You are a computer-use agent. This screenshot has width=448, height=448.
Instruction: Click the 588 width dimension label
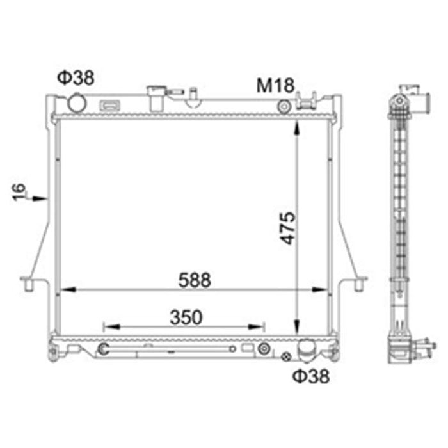click(195, 280)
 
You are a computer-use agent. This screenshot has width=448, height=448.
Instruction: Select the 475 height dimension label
click(288, 228)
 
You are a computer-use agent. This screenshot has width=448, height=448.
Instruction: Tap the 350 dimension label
click(186, 317)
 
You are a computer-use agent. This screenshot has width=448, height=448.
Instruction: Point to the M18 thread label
click(275, 85)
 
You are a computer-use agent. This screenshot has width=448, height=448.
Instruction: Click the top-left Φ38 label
click(76, 77)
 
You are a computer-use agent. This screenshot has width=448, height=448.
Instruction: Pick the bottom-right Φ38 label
click(311, 376)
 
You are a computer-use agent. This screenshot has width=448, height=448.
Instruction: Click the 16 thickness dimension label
click(19, 192)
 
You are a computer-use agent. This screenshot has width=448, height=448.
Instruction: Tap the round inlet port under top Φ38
click(77, 103)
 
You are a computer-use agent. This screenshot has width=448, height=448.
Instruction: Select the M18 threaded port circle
click(284, 107)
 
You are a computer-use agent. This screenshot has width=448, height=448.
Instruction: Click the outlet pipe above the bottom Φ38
click(306, 351)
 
